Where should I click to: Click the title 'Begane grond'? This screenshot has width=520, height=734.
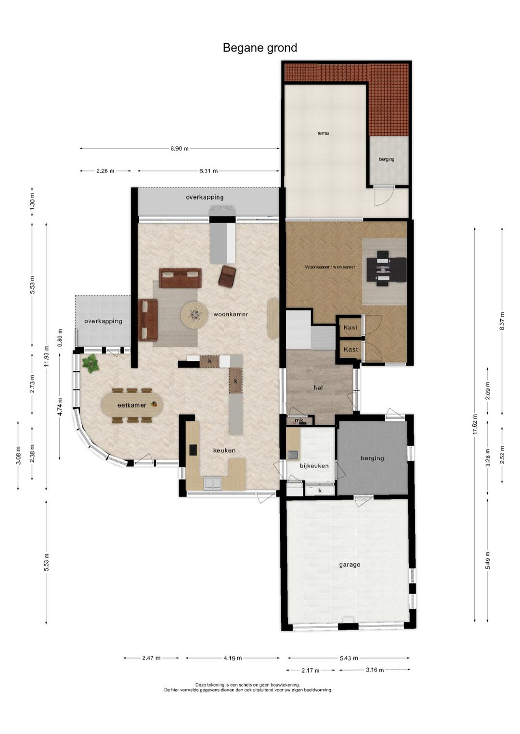(x=260, y=48)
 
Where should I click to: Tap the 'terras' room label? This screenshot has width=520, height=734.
(x=323, y=133)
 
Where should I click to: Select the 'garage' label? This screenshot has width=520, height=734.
(x=350, y=565)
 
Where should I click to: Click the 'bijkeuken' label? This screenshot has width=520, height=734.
(x=314, y=465)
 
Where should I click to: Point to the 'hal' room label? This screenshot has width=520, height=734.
(x=318, y=387)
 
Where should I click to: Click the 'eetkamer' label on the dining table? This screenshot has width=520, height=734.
(x=131, y=405)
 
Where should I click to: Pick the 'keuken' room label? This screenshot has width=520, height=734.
(x=224, y=450)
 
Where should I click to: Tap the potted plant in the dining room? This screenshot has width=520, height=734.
(x=91, y=363)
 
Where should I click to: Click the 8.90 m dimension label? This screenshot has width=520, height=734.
(x=180, y=149)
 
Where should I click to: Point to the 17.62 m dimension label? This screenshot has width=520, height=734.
(x=475, y=425)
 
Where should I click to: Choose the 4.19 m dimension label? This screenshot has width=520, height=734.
(x=233, y=658)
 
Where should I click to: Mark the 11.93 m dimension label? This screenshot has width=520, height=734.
(x=46, y=357)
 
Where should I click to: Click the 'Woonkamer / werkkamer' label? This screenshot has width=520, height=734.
(x=330, y=267)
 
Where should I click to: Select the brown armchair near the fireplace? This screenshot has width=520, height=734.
(x=227, y=274)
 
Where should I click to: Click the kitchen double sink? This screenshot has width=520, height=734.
(x=213, y=483)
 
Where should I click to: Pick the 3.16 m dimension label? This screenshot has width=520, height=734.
(x=375, y=670)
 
